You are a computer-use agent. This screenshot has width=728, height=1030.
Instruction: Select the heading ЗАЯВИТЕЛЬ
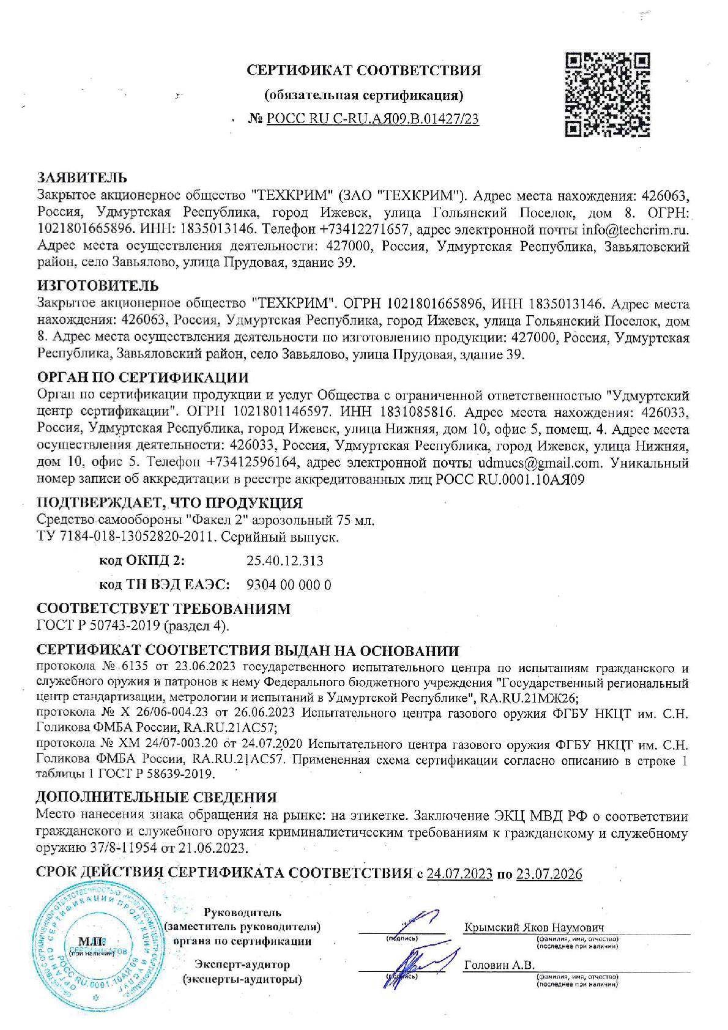82,178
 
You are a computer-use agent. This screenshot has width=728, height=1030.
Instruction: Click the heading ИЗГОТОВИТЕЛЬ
98,285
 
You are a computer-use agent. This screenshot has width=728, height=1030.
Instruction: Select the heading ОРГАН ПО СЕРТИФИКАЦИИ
143,377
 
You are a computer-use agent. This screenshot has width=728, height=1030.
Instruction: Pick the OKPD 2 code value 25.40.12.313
284,561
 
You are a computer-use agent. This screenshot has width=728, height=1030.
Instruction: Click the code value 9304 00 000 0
288,584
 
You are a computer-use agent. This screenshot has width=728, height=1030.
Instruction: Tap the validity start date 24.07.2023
459,874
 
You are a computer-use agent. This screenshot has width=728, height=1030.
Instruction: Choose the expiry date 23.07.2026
549,874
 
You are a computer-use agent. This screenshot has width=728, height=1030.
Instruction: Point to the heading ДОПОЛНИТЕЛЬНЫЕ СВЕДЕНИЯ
157,797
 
